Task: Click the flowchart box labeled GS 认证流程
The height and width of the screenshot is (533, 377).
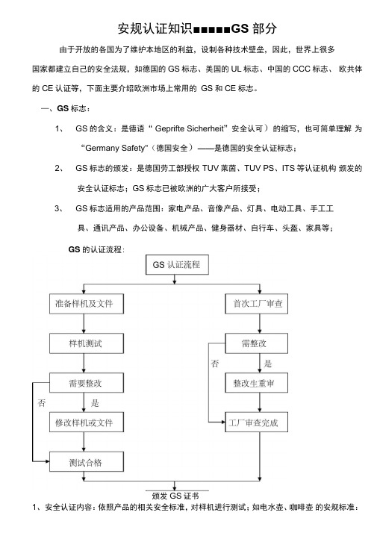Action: (x=177, y=264)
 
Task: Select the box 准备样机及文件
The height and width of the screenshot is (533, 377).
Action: (x=87, y=304)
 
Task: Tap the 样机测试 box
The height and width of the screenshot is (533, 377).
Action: (x=87, y=343)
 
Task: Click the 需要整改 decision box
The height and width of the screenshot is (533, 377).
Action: (x=87, y=383)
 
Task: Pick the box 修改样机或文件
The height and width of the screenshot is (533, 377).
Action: (x=87, y=423)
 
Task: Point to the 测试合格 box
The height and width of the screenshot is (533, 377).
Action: (x=87, y=461)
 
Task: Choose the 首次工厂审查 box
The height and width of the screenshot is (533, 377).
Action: (x=257, y=304)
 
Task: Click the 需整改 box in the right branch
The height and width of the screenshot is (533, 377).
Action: (x=257, y=343)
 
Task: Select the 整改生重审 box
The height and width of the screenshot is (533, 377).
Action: (x=257, y=383)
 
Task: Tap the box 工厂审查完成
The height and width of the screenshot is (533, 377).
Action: (x=257, y=423)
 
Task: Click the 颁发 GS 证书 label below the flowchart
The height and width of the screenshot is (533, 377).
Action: (x=175, y=496)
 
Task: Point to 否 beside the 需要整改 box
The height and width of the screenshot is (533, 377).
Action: (x=42, y=403)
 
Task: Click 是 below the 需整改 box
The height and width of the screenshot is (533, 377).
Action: (x=268, y=364)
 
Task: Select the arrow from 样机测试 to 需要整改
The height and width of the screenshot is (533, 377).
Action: (x=84, y=363)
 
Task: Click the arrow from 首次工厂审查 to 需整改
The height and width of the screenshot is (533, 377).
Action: (x=260, y=324)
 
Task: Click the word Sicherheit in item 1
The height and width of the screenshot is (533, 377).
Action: (x=205, y=128)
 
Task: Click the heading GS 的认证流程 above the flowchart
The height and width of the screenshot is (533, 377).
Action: (x=96, y=249)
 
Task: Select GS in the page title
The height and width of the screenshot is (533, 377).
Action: (x=240, y=28)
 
